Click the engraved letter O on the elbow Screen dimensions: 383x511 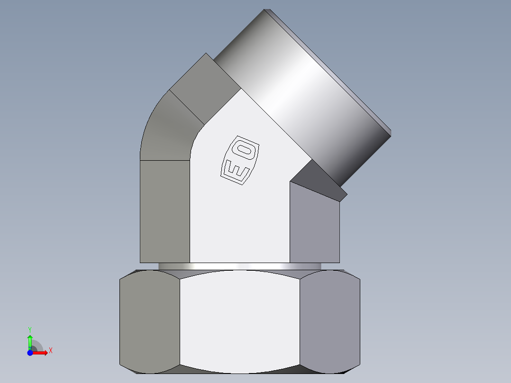(246, 151)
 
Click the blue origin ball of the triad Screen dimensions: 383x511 (30, 353)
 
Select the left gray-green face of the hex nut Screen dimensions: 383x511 (149, 322)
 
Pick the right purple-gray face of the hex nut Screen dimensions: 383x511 (329, 322)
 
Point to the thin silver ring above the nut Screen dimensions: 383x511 (239, 266)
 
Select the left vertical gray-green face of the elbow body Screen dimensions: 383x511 (164, 211)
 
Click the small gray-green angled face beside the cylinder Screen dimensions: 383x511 (204, 78)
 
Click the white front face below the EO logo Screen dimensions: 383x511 (239, 223)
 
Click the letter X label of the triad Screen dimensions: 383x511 (50, 351)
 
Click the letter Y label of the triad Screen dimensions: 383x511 (30, 329)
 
